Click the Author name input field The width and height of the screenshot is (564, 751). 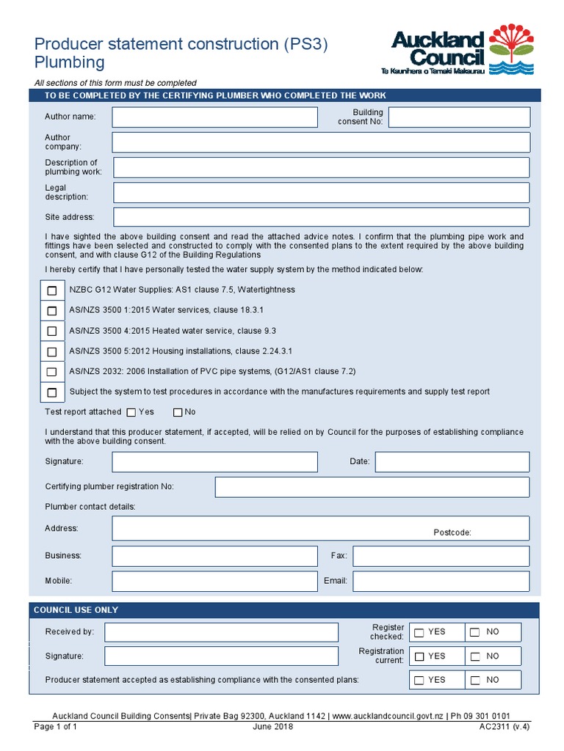214,117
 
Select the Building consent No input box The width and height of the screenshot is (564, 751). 459,117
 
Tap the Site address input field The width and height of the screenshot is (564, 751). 321,217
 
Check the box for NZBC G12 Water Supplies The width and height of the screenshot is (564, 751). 52,290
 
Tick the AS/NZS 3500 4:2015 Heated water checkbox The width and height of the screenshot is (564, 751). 52,331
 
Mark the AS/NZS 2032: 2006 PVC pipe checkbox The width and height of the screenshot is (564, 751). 52,372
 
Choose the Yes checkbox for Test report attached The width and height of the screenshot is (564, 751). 131,413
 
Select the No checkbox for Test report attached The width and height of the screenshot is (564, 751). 178,413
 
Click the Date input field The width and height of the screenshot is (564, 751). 452,462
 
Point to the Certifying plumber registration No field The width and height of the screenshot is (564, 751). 372,487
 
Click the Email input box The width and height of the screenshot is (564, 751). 441,581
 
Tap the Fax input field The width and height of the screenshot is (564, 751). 441,556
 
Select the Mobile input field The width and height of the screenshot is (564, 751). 214,581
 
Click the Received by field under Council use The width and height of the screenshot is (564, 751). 221,632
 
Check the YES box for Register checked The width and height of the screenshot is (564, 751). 419,633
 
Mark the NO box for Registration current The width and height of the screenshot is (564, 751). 475,656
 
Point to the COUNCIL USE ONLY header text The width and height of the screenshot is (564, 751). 76,610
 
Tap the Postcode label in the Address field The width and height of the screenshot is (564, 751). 452,532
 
